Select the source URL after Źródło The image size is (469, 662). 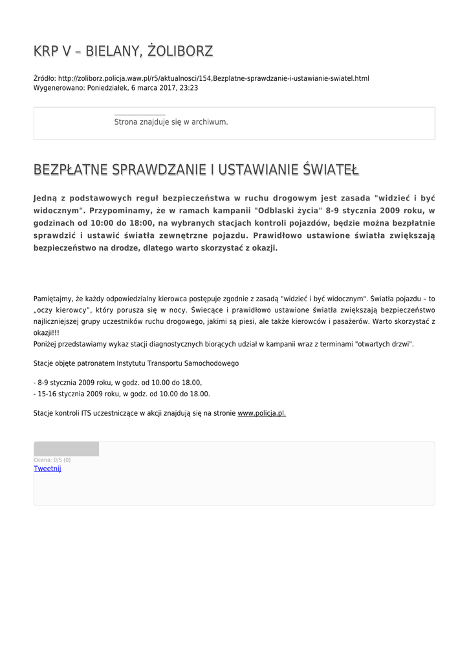pyautogui.click(x=213, y=78)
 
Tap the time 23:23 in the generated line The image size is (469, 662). pyautogui.click(x=189, y=87)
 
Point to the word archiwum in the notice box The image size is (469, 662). pyautogui.click(x=210, y=122)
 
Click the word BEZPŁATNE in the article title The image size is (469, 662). pyautogui.click(x=71, y=170)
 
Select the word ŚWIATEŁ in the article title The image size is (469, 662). pyautogui.click(x=331, y=170)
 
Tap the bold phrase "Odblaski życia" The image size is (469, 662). pyautogui.click(x=287, y=211)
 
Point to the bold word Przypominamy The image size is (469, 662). pyautogui.click(x=118, y=211)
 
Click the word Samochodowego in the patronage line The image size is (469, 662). pyautogui.click(x=210, y=363)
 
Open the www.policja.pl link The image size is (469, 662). pyautogui.click(x=261, y=413)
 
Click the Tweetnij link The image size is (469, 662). pyautogui.click(x=47, y=469)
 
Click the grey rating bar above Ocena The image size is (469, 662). pyautogui.click(x=66, y=449)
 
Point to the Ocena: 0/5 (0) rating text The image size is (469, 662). pyautogui.click(x=52, y=460)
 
